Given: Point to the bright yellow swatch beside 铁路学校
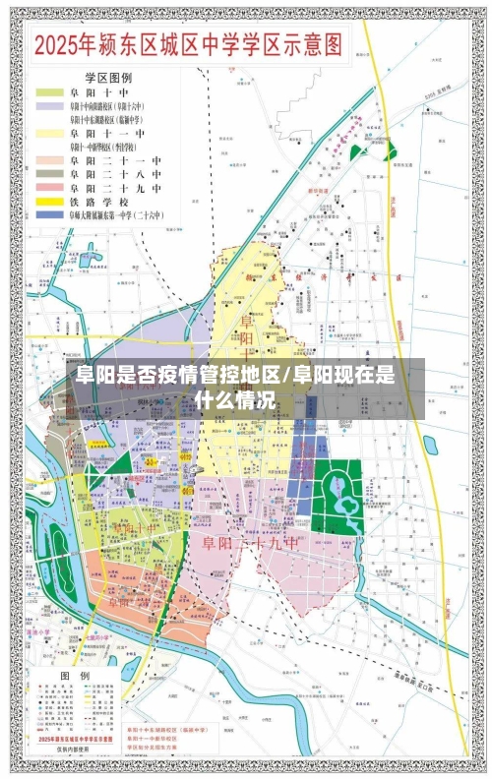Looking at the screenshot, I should (x=48, y=200).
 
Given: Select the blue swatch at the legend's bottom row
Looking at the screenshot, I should (x=48, y=213).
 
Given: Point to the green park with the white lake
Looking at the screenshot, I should (x=340, y=492).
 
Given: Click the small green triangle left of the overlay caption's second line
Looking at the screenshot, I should (x=119, y=462).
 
